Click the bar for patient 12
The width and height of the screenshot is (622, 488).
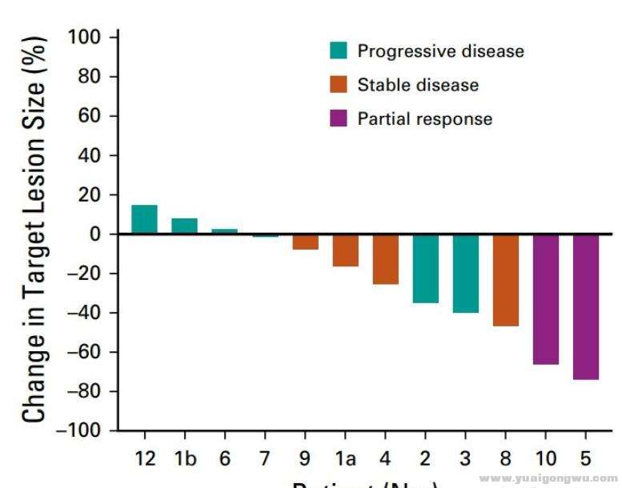click(144, 220)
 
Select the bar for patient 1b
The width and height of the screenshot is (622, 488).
click(184, 226)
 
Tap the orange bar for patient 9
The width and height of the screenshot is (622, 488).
click(305, 242)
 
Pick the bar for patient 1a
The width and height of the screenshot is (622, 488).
click(345, 250)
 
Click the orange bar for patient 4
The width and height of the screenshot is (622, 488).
click(385, 259)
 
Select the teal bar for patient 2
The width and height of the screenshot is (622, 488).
click(425, 268)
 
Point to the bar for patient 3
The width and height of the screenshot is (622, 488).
click(465, 273)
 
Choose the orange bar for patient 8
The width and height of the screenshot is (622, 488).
click(506, 280)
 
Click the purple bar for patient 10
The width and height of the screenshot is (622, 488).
click(546, 299)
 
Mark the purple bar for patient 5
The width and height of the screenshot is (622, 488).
click(586, 306)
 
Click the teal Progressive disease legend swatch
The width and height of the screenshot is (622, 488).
click(339, 50)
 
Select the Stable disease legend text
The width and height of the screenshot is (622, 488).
click(418, 85)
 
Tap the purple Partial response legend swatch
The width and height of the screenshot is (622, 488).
click(339, 119)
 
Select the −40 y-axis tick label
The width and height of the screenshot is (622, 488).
click(90, 313)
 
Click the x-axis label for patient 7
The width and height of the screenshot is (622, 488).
click(265, 458)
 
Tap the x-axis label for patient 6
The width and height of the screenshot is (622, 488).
click(225, 458)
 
